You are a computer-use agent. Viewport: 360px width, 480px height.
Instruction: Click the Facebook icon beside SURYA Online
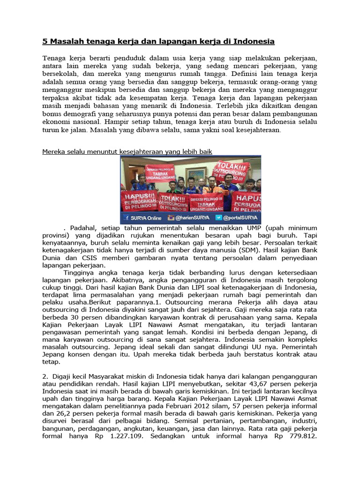(x=127, y=218)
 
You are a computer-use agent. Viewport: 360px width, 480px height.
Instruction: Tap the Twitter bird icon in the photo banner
(x=219, y=218)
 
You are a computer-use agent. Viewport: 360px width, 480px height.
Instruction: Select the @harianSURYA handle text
(x=193, y=218)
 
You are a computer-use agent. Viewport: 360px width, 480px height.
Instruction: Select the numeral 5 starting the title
(x=45, y=41)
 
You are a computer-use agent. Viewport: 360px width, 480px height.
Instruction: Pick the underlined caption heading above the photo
(x=127, y=151)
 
